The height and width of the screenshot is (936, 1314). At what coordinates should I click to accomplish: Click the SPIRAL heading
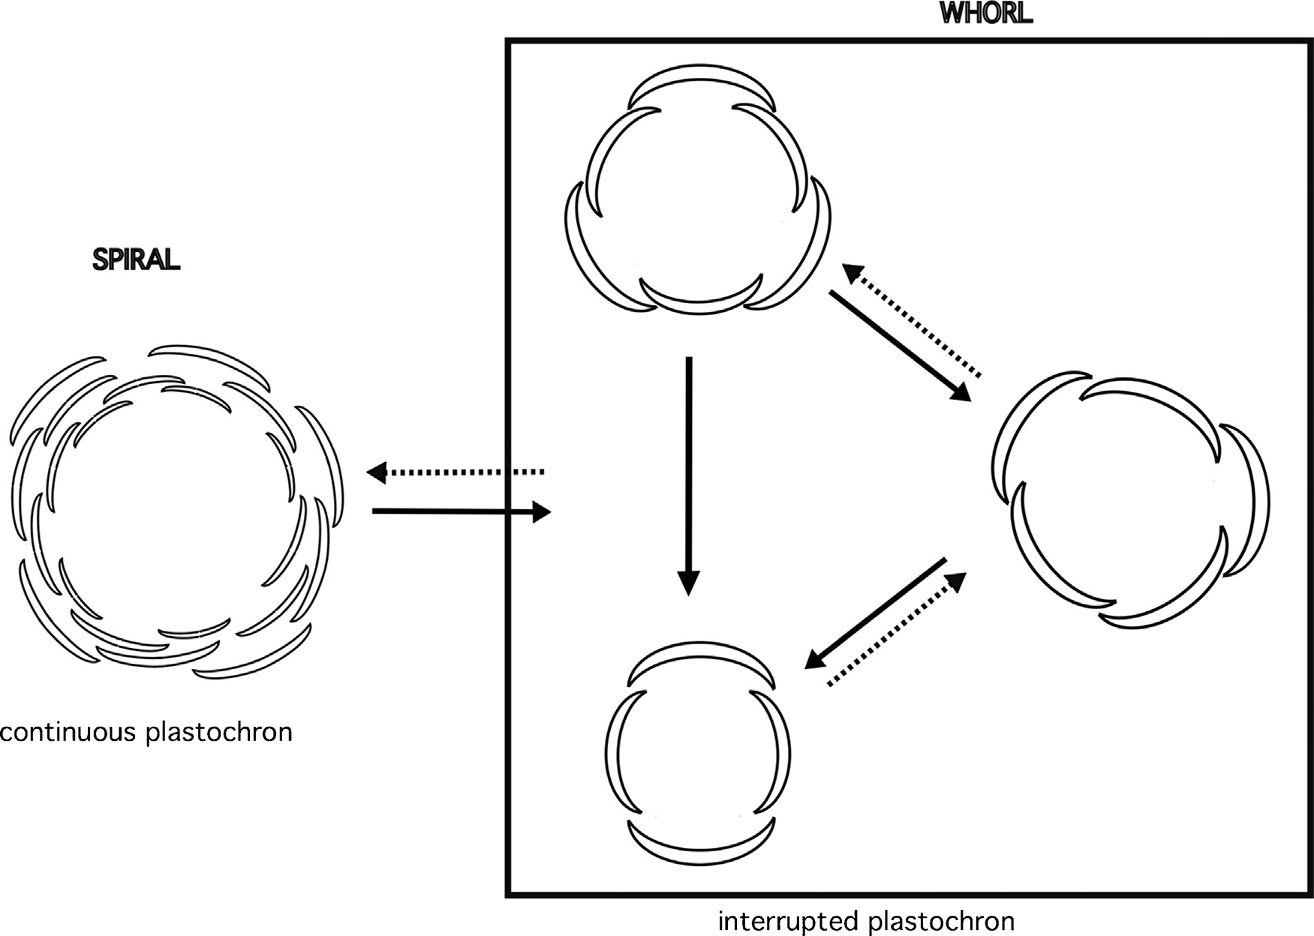pos(136,259)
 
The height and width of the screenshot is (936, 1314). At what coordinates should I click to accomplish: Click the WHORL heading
pos(986,14)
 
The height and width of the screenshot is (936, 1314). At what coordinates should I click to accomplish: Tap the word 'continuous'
pos(69,731)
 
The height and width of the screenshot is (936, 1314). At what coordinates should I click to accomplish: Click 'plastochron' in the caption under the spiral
pos(219,731)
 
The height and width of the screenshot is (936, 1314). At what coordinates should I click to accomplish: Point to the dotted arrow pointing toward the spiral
pos(455,472)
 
